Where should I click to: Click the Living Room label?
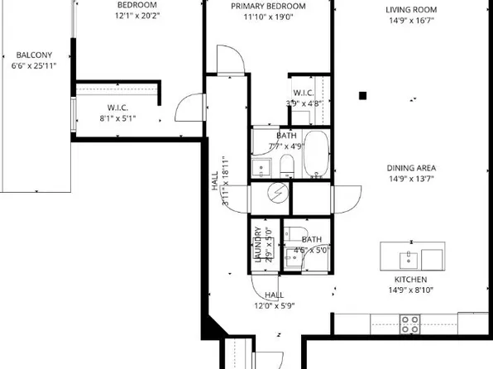[x=410, y=10]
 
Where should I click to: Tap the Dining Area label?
[x=410, y=168]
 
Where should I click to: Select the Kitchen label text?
[x=410, y=280]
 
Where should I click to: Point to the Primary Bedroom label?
[x=267, y=6]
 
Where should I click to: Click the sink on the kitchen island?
[x=409, y=260]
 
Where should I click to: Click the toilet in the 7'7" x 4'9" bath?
[x=285, y=165]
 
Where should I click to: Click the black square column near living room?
[x=362, y=96]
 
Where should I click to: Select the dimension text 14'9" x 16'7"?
[x=410, y=22]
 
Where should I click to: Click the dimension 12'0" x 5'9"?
[x=274, y=305]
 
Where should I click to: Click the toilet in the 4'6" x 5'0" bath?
[x=292, y=258]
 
